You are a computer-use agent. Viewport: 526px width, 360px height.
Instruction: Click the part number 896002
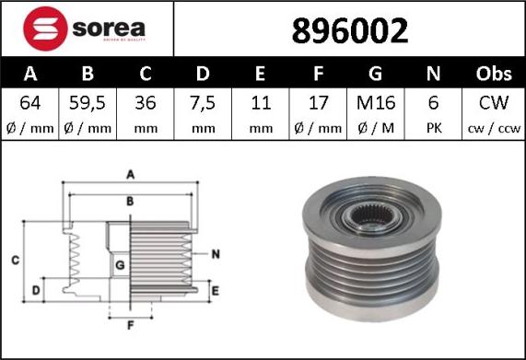349,30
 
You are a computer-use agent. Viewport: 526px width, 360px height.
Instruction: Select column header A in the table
30,74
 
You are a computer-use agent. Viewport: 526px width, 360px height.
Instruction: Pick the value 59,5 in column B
88,102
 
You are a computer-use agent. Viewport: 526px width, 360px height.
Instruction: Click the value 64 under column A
30,102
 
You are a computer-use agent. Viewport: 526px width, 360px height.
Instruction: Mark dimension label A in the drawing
130,174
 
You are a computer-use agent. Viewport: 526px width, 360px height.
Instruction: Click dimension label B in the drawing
130,200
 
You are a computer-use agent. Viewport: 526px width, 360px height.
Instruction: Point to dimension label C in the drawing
16,261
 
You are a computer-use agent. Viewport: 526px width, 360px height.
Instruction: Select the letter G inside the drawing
120,266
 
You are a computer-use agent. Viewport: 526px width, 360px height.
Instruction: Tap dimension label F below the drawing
130,325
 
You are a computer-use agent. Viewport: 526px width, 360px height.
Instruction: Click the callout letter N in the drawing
215,253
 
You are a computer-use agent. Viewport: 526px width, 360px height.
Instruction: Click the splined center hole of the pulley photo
373,223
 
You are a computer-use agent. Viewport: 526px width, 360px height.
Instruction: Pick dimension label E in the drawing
215,291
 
